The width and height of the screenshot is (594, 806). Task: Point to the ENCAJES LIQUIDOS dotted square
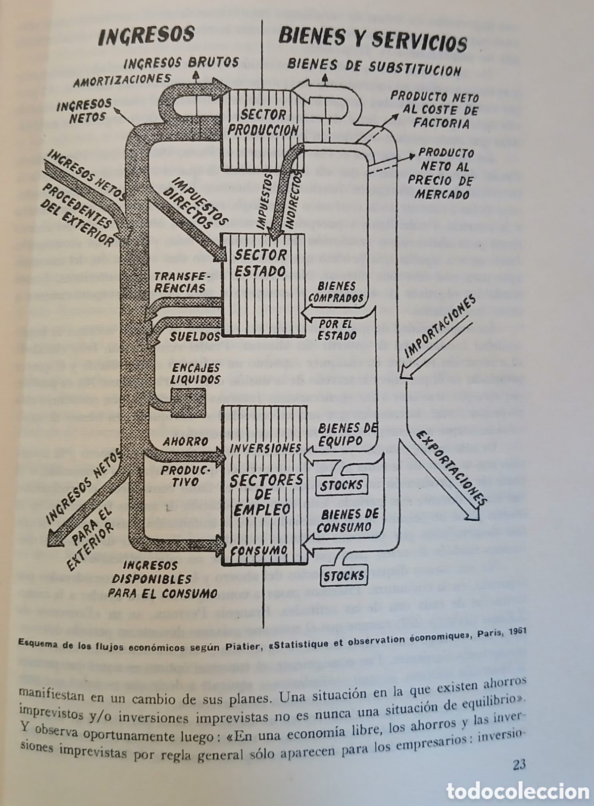point(188,403)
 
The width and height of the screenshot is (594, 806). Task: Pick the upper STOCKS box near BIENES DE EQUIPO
point(341,485)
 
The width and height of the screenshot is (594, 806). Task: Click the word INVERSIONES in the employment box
point(265,449)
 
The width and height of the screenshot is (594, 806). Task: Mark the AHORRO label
point(185,442)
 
